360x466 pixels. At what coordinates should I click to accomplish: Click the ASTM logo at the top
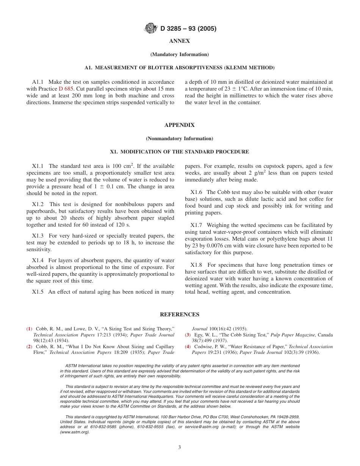(151, 28)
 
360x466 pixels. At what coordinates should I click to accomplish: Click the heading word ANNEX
(179, 41)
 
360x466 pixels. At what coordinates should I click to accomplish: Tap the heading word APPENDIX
(179, 125)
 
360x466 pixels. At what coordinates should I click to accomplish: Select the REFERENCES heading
(179, 314)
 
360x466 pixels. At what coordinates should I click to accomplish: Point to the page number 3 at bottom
(179, 447)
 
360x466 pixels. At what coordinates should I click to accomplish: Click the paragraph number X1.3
(38, 236)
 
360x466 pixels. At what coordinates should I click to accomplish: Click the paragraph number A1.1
(38, 82)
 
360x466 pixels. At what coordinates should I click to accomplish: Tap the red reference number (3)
(188, 335)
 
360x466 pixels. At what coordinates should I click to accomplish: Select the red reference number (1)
(29, 329)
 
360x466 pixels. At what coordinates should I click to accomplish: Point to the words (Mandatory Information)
(179, 55)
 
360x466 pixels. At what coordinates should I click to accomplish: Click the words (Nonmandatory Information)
(179, 139)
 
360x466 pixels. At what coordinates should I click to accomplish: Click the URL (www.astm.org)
(75, 432)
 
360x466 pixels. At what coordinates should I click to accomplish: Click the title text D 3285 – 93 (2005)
(188, 28)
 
